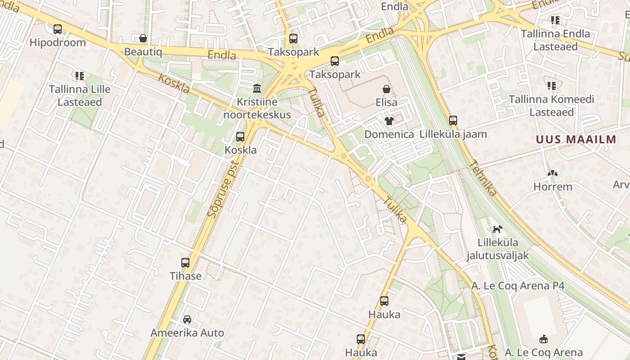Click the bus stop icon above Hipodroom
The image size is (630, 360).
(x=58, y=29)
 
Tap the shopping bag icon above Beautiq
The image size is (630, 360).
(x=143, y=38)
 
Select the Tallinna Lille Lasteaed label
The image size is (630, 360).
(x=80, y=95)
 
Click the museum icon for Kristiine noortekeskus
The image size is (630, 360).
(x=257, y=88)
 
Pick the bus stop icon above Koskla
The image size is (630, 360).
(x=240, y=136)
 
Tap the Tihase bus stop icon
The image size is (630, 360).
(x=185, y=262)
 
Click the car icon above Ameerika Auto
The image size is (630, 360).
(x=187, y=319)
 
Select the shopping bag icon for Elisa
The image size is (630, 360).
(x=386, y=89)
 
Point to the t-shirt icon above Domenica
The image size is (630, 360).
(x=389, y=121)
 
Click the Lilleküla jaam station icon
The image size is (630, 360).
(x=453, y=121)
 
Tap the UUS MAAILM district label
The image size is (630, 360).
(x=576, y=139)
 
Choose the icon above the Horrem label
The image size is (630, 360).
(x=552, y=173)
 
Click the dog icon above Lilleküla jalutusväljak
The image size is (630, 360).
(x=497, y=229)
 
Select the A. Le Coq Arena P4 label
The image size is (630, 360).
(x=517, y=286)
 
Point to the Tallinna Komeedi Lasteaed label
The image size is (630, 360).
(x=552, y=105)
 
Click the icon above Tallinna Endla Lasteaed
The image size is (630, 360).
(x=555, y=20)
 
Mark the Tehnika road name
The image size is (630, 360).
(x=483, y=179)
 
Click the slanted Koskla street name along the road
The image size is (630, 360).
(x=174, y=83)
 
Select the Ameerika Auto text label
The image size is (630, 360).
(x=187, y=333)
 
